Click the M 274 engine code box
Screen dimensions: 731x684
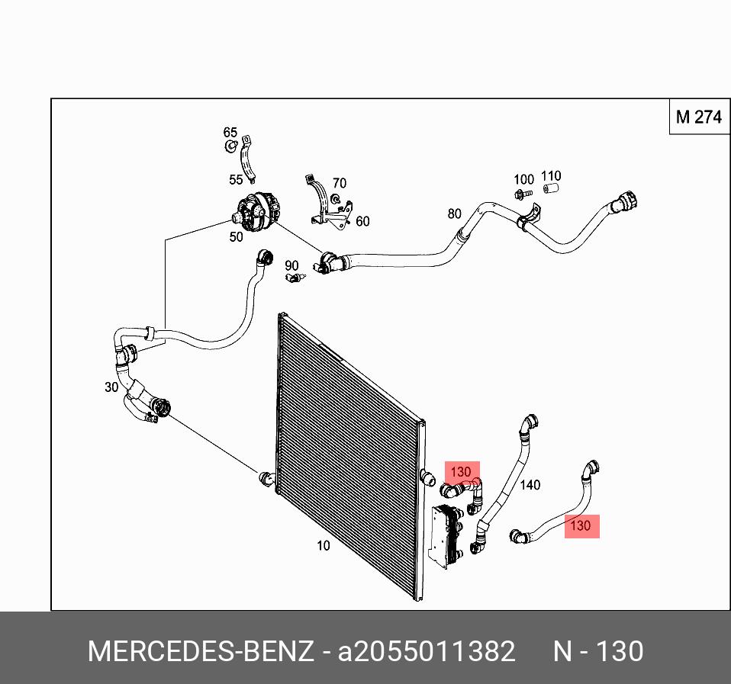(698, 117)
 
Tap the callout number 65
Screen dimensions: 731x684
(230, 133)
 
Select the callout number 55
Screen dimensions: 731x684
(236, 180)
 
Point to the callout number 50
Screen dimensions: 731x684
(237, 237)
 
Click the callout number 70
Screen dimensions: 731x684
(339, 183)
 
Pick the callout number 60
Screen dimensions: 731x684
(362, 222)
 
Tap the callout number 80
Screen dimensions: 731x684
(455, 214)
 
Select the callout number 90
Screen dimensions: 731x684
(291, 265)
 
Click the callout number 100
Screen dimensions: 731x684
(523, 180)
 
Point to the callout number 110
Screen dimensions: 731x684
(551, 176)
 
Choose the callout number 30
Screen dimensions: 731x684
(111, 387)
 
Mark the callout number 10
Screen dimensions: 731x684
(324, 545)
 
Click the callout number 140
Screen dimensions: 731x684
(530, 484)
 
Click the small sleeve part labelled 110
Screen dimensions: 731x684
(551, 189)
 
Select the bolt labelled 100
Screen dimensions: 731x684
(523, 194)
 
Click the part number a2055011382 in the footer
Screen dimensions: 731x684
(427, 652)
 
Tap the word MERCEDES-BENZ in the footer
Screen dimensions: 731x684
(200, 652)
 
